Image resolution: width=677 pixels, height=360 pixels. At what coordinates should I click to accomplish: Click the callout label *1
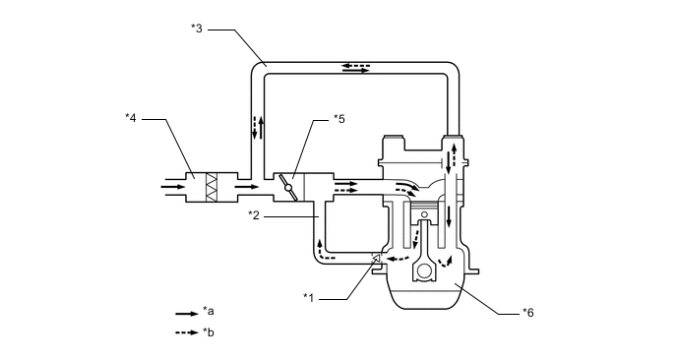coord(308,297)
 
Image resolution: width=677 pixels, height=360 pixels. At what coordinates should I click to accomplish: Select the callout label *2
coord(254,215)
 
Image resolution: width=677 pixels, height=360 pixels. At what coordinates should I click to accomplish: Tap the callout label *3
coord(197,29)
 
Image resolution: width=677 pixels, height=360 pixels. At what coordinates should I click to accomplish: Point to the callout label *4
coord(131,117)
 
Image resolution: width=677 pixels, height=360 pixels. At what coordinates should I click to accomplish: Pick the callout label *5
coord(339,119)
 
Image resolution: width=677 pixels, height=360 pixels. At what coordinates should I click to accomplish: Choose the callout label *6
coord(528,313)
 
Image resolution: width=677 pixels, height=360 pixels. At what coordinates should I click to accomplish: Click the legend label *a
coord(208,311)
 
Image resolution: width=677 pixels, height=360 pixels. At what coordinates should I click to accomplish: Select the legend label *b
coord(208,332)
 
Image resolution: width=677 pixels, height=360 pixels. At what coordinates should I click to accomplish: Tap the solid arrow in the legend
coord(187,314)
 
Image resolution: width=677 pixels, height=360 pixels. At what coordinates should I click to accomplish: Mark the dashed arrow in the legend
coord(187,332)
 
